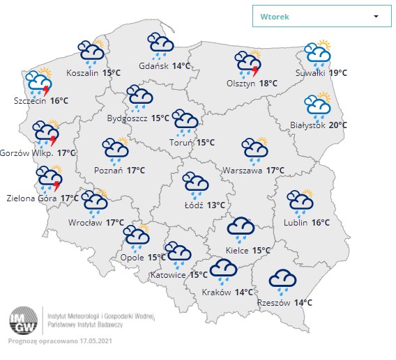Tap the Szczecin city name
(x=29, y=100)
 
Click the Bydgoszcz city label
(x=128, y=118)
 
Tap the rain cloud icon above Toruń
(x=185, y=123)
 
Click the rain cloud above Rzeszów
(x=284, y=281)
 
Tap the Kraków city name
(x=216, y=292)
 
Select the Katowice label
(x=168, y=275)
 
